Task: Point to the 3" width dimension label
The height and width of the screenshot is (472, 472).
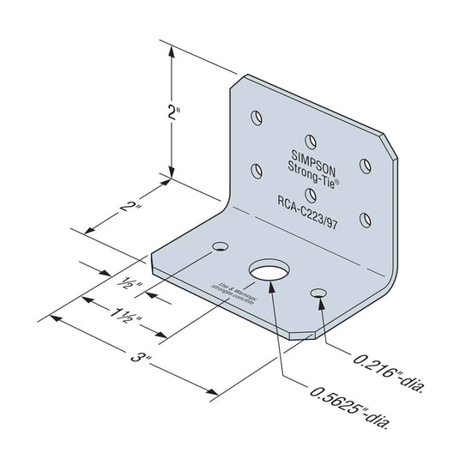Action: (x=131, y=354)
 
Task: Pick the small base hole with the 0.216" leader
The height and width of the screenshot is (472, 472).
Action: (x=319, y=294)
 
